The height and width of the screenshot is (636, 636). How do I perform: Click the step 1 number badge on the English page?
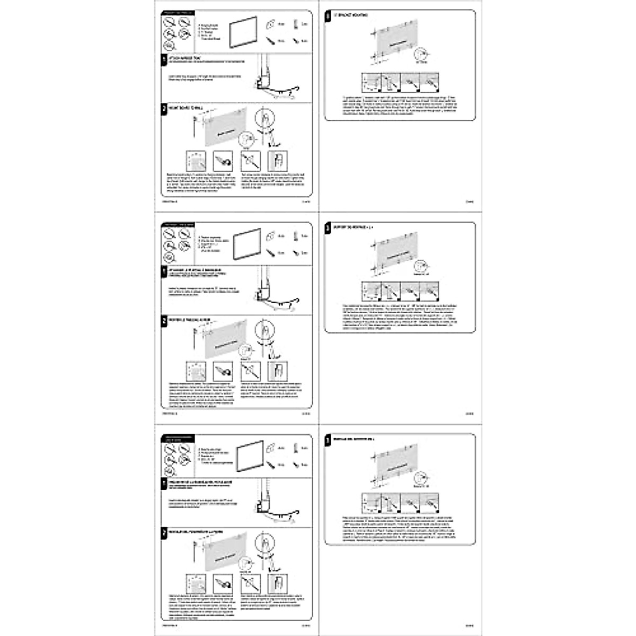(x=164, y=59)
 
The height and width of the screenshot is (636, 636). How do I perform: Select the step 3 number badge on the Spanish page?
(x=329, y=440)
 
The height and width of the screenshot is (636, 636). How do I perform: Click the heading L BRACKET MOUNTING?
(x=350, y=15)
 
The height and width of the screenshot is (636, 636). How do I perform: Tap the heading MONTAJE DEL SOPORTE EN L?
(x=354, y=439)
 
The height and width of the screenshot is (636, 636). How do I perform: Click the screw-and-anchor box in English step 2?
(x=223, y=160)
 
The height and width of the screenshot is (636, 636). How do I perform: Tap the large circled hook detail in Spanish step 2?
(x=265, y=543)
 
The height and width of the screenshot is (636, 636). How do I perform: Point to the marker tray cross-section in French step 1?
(x=263, y=293)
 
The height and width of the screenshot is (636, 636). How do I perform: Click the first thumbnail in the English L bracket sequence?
(x=372, y=82)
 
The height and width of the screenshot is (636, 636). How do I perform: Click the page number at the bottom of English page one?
(x=305, y=201)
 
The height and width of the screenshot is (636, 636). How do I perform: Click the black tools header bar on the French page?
(x=178, y=225)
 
